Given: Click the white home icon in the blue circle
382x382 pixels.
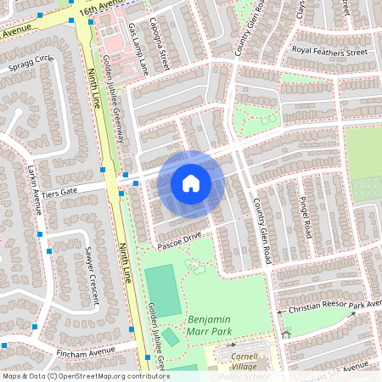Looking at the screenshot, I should click(191, 183).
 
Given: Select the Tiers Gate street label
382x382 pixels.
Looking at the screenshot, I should click(59, 193).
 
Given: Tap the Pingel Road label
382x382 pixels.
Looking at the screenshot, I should click(306, 216).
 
